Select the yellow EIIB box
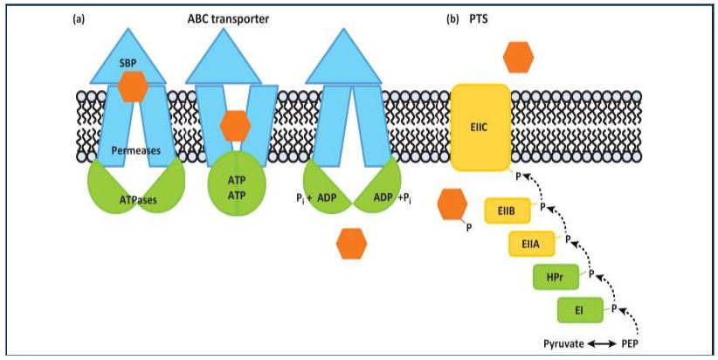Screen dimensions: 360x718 pyautogui.click(x=506, y=211)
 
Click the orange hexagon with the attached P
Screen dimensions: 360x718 pyautogui.click(x=452, y=204)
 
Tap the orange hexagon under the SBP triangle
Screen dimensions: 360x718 pyautogui.click(x=133, y=87)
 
